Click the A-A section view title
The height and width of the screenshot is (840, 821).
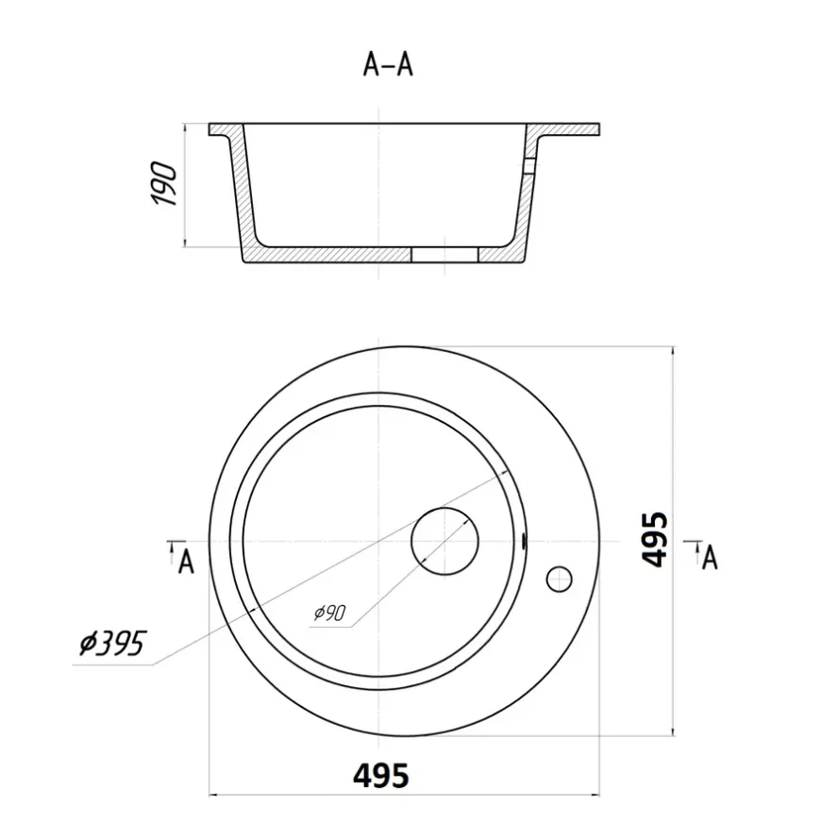(388, 65)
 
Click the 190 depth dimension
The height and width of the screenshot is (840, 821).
(164, 183)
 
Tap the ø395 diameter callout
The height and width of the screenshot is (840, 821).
(112, 643)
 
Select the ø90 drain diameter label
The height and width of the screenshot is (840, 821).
(330, 613)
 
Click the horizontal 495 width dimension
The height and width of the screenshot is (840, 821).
(381, 775)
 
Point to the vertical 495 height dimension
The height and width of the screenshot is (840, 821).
(655, 540)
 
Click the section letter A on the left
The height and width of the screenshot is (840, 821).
(186, 563)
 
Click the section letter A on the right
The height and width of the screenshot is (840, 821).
(710, 558)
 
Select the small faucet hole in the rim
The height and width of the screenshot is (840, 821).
(559, 580)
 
